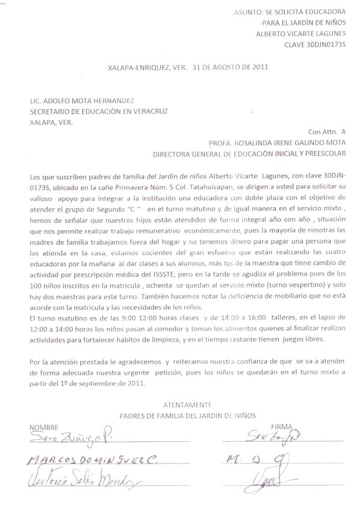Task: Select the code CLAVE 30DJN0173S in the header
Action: pos(314,44)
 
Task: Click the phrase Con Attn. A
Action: pos(327,132)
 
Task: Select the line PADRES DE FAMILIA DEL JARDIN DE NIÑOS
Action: pos(187,415)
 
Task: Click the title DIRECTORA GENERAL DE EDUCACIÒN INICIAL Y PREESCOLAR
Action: pos(250,154)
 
